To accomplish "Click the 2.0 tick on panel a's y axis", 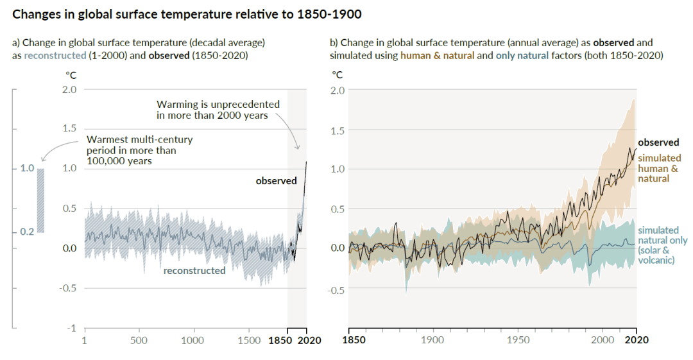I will pyautogui.click(x=69, y=89).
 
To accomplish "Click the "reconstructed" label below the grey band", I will pyautogui.click(x=194, y=270).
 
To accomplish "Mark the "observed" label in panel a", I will pyautogui.click(x=276, y=181).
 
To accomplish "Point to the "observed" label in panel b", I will pyautogui.click(x=658, y=142).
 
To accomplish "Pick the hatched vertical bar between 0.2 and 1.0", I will pyautogui.click(x=40, y=200).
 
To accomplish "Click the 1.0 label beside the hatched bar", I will pyautogui.click(x=26, y=168).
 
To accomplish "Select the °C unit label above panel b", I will pyautogui.click(x=337, y=74).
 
